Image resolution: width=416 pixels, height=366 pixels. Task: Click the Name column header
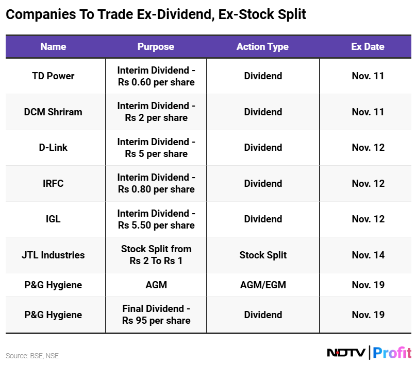pyautogui.click(x=53, y=46)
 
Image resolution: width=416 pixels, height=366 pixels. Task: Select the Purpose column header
pyautogui.click(x=156, y=46)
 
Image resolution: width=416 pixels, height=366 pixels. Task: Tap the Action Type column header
pyautogui.click(x=262, y=46)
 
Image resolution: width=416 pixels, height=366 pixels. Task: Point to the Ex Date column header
pyautogui.click(x=368, y=46)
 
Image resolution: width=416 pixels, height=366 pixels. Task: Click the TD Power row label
pyautogui.click(x=53, y=76)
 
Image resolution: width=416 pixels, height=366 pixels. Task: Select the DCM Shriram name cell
pyautogui.click(x=53, y=112)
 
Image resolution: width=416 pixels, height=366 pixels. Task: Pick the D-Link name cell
pyautogui.click(x=53, y=147)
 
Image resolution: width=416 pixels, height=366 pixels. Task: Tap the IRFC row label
pyautogui.click(x=53, y=183)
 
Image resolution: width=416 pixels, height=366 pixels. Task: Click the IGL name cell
pyautogui.click(x=53, y=219)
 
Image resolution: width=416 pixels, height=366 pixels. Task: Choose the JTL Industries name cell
pyautogui.click(x=53, y=255)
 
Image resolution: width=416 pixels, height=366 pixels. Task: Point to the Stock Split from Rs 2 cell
pyautogui.click(x=156, y=255)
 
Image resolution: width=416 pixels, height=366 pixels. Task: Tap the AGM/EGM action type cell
pyautogui.click(x=263, y=285)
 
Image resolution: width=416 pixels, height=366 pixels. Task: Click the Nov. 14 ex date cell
pyautogui.click(x=368, y=255)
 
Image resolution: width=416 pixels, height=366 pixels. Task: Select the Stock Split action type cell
pyautogui.click(x=263, y=255)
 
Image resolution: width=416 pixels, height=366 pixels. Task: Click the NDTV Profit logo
pyautogui.click(x=369, y=353)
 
